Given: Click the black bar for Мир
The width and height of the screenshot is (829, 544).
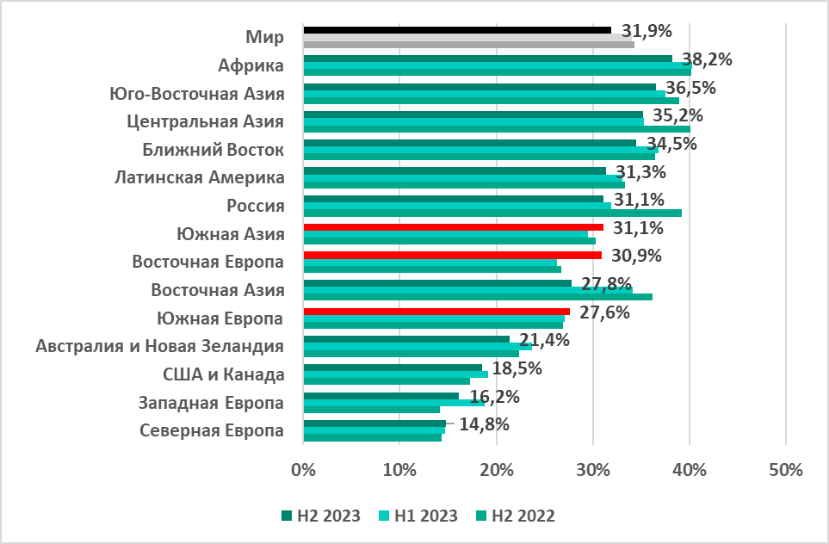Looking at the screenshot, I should click(456, 30).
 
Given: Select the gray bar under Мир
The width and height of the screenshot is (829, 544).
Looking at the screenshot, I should click(468, 44).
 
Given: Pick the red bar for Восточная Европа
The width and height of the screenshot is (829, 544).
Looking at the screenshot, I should click(452, 255).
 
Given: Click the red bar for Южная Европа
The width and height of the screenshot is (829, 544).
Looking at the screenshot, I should click(436, 312).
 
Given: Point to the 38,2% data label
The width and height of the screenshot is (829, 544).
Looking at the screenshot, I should click(707, 59).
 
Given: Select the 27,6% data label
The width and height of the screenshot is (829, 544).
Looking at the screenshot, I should click(604, 312).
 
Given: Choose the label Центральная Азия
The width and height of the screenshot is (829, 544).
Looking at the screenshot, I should click(205, 121).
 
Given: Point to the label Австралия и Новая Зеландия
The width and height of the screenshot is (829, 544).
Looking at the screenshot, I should click(160, 346).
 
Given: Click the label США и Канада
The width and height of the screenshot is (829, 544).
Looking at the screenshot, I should click(223, 374).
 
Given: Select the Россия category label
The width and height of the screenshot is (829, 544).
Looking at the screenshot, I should click(255, 206).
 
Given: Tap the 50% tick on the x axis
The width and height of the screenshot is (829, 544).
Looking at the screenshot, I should click(785, 470).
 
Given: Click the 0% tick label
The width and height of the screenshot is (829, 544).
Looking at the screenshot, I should click(303, 470).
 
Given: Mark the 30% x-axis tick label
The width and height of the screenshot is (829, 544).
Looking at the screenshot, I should click(593, 470).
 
